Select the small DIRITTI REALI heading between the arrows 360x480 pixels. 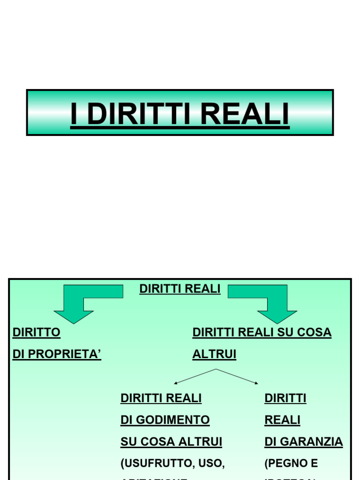point(180,289)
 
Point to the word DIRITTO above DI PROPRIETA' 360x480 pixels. point(37,333)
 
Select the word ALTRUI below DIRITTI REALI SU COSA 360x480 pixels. point(214,355)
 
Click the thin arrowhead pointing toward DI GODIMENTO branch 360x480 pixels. point(176,383)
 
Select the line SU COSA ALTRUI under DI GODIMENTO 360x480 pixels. point(171,442)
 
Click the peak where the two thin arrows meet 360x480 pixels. point(216,369)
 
